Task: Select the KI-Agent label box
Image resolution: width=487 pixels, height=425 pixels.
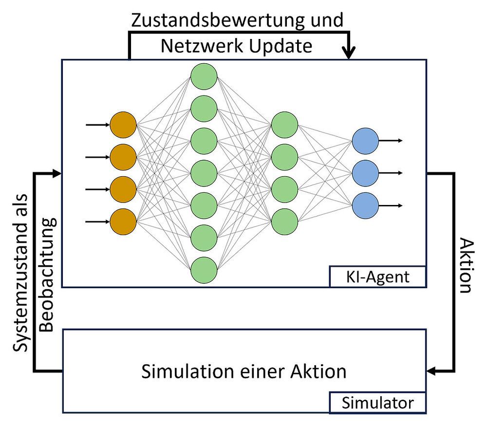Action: pyautogui.click(x=377, y=277)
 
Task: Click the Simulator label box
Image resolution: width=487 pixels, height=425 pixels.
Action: pyautogui.click(x=377, y=403)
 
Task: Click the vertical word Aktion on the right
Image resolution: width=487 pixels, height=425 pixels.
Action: pyautogui.click(x=465, y=265)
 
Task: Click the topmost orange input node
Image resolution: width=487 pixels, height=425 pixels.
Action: pyautogui.click(x=123, y=125)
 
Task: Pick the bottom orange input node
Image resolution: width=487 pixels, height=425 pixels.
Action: pyautogui.click(x=123, y=222)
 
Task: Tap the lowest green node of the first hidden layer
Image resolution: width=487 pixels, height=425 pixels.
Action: pyautogui.click(x=204, y=270)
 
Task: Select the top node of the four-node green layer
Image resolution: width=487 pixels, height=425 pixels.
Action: pyautogui.click(x=285, y=125)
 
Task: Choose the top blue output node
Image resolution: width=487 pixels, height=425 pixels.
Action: pyautogui.click(x=365, y=141)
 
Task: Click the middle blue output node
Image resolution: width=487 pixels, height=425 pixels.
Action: pyautogui.click(x=365, y=173)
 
